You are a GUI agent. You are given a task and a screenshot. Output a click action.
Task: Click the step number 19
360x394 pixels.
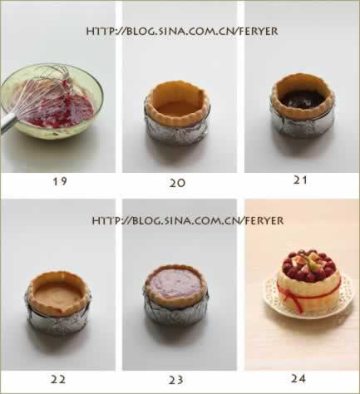pos(60,181)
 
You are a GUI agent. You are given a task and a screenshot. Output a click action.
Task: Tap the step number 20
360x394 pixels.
pos(177,183)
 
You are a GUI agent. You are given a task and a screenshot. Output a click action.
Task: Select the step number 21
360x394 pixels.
pos(300,180)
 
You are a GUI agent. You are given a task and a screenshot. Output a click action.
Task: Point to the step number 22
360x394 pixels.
pos(58,379)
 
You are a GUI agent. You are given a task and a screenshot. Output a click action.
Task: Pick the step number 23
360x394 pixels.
pos(176,380)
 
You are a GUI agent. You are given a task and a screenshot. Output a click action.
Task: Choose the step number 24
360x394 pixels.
pos(298,378)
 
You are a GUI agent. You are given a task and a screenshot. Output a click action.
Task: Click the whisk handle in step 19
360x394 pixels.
pos(7,122)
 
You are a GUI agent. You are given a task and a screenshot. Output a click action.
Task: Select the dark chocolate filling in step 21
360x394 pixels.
pos(302,99)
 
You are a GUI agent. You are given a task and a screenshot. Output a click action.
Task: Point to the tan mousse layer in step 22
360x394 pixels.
pos(58,296)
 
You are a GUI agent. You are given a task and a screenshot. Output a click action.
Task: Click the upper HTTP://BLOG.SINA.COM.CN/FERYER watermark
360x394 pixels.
pos(182,31)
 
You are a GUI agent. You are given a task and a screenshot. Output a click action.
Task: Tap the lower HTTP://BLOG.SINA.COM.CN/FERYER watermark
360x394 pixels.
pos(188,221)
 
